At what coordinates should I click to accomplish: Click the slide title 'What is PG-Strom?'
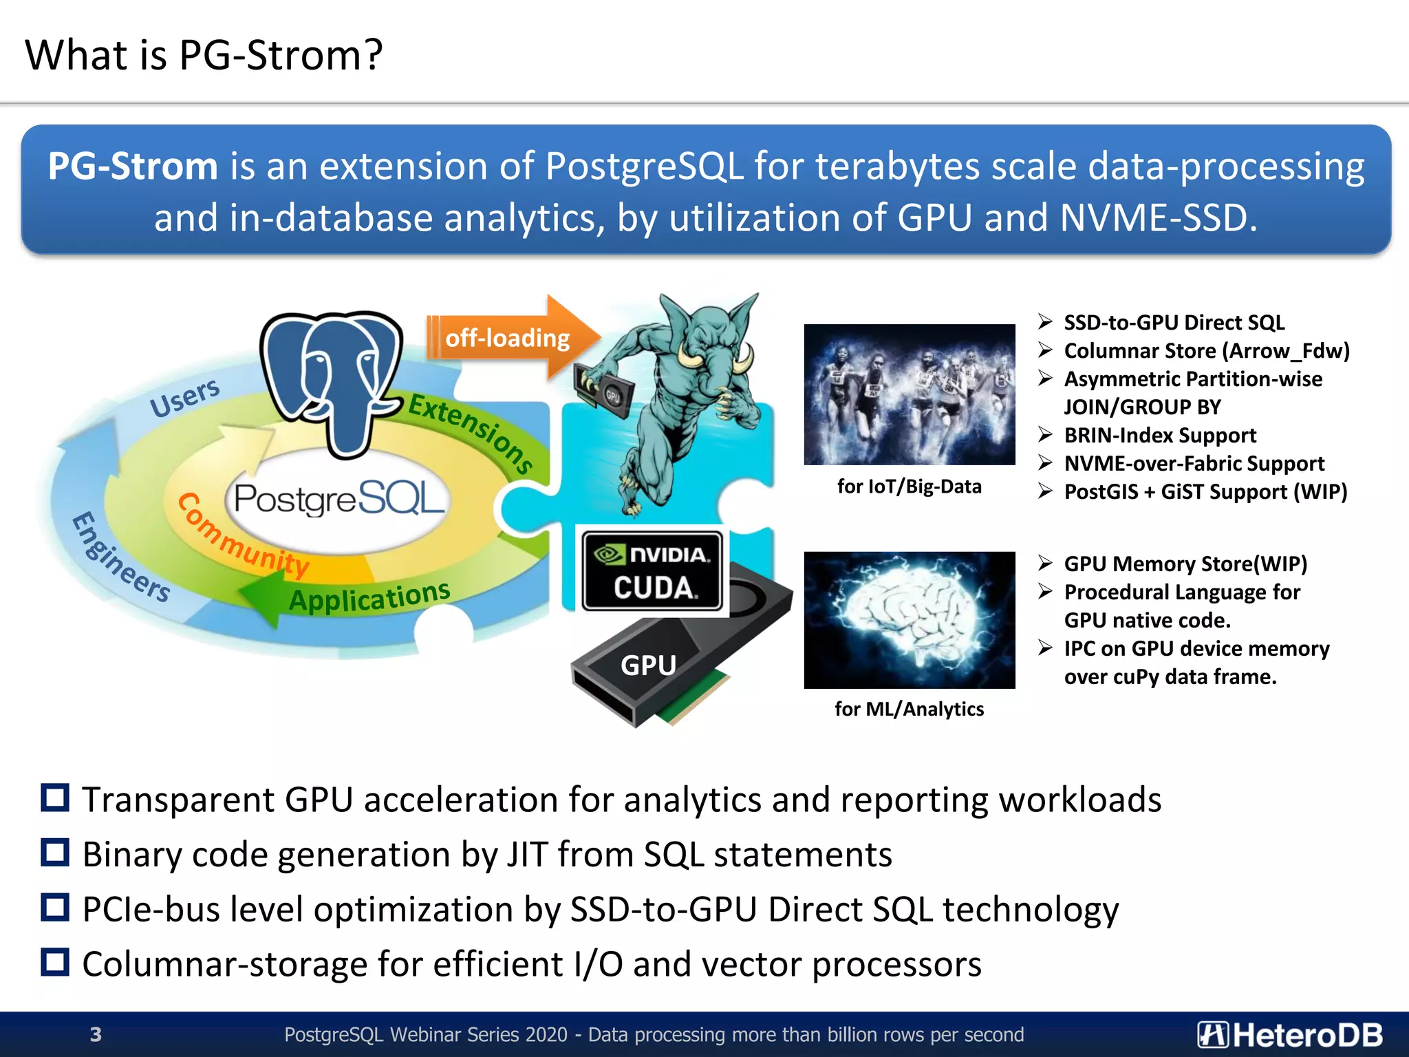pos(204,55)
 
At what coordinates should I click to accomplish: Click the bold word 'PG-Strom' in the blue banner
pos(132,167)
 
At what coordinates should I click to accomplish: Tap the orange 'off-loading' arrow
pos(509,338)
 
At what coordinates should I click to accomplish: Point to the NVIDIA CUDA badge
pos(652,570)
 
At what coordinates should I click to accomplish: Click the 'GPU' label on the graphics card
pos(648,665)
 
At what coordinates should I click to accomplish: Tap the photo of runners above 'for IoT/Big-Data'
pos(909,394)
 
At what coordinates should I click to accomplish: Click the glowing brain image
pos(909,619)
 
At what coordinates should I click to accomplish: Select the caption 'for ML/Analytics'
pos(909,709)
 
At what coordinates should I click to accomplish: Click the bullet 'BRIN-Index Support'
pos(1160,436)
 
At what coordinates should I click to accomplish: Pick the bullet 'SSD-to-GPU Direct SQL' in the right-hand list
pos(1174,323)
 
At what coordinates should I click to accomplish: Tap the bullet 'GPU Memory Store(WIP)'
pos(1185,564)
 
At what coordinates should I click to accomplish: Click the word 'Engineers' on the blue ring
pos(120,557)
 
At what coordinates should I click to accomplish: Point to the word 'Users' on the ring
pos(184,397)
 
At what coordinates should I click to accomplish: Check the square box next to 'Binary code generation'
pos(55,853)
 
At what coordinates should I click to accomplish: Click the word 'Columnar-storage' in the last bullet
pos(224,964)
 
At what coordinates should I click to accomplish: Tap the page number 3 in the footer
pos(96,1034)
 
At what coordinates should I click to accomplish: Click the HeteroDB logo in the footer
pos(1289,1034)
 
